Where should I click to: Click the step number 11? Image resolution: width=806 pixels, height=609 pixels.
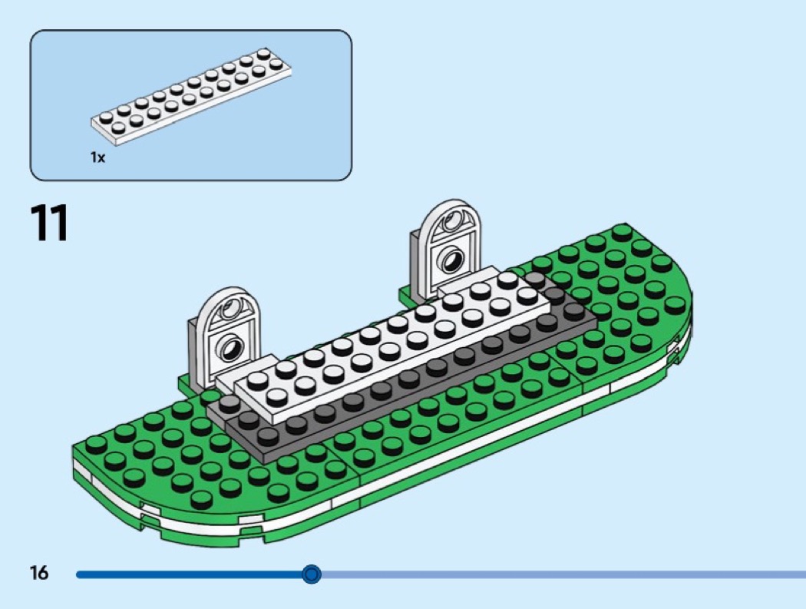49,223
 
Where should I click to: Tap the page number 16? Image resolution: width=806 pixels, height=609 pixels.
38,573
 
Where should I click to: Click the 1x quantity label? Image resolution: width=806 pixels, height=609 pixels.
97,157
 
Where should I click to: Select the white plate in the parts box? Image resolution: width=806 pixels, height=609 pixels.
192,98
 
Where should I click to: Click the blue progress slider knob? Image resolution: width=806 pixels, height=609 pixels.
311,574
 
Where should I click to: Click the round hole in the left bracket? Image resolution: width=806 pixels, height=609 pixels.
229,350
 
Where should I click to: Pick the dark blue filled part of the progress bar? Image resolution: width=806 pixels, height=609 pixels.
192,574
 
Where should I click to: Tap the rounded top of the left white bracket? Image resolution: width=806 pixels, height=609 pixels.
224,302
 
